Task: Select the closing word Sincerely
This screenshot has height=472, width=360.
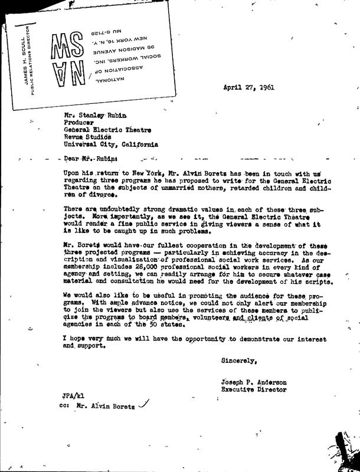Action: (x=240, y=359)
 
